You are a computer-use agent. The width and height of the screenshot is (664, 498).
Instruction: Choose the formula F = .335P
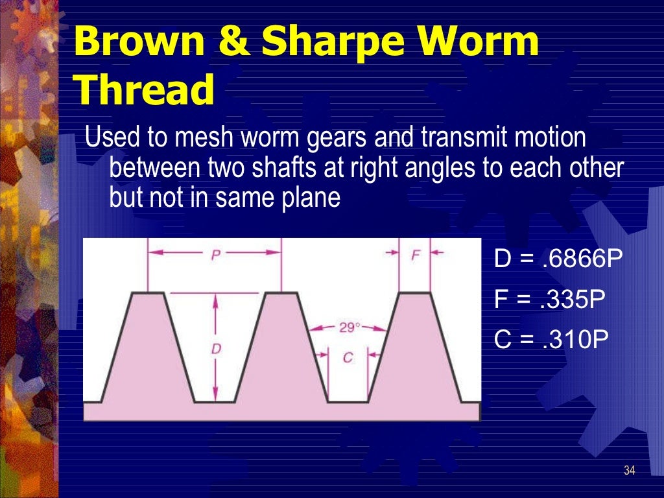[x=549, y=300]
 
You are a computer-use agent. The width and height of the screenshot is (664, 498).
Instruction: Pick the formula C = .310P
[x=551, y=340]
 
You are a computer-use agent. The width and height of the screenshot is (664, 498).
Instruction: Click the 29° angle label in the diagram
[x=349, y=327]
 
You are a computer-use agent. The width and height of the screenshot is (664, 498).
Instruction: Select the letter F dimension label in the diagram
[x=415, y=254]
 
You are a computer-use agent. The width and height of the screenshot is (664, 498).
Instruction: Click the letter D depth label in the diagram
[x=216, y=349]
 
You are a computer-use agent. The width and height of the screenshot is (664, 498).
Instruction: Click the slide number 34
[x=628, y=470]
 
